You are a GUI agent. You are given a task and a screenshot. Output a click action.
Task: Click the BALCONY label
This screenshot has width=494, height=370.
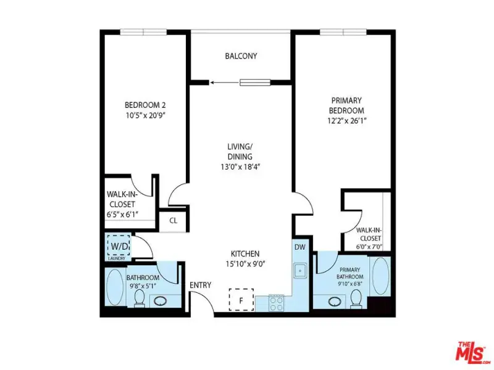[241, 56]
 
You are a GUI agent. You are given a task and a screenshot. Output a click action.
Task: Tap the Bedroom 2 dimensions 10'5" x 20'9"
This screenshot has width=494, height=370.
[146, 115]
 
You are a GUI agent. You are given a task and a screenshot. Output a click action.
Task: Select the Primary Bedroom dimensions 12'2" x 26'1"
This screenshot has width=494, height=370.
[347, 120]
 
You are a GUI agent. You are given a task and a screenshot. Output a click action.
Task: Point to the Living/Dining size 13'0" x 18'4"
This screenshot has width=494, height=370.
[240, 166]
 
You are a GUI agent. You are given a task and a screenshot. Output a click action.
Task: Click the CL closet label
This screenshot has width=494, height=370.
[174, 221]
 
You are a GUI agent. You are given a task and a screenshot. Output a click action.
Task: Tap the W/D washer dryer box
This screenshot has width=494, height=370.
[119, 245]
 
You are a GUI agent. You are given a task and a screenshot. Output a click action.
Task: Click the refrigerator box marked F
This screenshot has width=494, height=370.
[241, 300]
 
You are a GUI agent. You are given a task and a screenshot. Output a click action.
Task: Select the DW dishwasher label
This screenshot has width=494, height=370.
[300, 247]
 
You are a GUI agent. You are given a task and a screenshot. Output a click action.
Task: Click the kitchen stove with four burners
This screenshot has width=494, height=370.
[276, 303]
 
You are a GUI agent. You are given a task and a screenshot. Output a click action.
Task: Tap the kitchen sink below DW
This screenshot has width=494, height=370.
[301, 270]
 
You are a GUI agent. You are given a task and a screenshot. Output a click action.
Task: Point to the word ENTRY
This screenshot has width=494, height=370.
[200, 285]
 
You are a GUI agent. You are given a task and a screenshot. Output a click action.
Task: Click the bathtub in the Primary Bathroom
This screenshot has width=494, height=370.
[380, 276]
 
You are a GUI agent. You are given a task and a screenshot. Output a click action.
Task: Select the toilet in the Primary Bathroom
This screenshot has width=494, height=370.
[356, 298]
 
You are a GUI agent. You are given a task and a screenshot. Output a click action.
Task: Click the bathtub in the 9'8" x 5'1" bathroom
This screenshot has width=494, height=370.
[115, 287]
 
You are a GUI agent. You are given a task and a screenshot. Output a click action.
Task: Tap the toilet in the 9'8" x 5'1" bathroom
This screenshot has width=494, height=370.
[140, 298]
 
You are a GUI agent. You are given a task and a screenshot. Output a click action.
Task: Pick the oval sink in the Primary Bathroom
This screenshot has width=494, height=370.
[335, 302]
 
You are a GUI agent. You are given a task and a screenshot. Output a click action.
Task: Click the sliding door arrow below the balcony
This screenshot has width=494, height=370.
[225, 83]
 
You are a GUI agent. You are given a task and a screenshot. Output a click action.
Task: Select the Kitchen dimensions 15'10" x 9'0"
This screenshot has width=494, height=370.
[245, 264]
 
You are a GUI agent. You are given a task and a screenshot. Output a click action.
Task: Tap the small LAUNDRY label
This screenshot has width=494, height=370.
[117, 258]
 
